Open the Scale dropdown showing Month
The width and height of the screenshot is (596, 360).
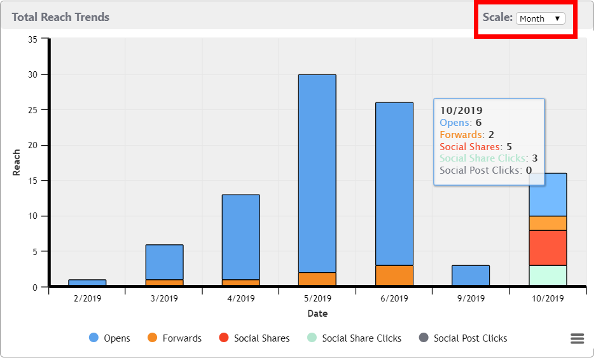[x=540, y=18]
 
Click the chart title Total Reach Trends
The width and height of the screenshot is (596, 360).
[x=60, y=17]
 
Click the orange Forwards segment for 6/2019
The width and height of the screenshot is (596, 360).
[x=394, y=275]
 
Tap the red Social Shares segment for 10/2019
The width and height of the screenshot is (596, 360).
[x=547, y=247]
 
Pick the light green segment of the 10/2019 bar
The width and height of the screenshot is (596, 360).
[x=547, y=275]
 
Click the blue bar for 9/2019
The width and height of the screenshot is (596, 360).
[x=471, y=275]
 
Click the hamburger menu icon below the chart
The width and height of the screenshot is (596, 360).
[x=577, y=338]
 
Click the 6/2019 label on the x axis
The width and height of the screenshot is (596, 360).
[x=394, y=298]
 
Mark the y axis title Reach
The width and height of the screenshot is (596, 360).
[x=17, y=162]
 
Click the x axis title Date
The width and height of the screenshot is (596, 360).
[x=317, y=314]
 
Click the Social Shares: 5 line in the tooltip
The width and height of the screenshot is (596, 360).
[x=476, y=146]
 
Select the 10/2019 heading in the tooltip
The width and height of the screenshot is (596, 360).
[x=461, y=111]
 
